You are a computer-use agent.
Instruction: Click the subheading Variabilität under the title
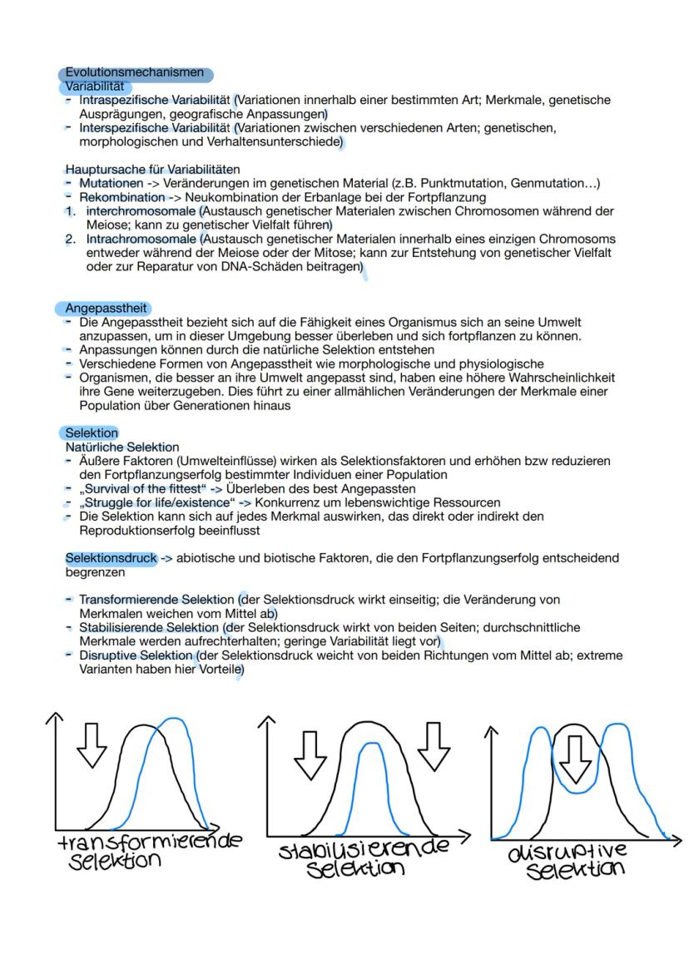pyautogui.click(x=94, y=86)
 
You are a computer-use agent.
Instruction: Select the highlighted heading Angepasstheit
pyautogui.click(x=106, y=309)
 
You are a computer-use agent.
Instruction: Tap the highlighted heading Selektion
pyautogui.click(x=92, y=433)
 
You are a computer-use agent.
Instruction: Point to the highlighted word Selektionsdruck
pyautogui.click(x=111, y=558)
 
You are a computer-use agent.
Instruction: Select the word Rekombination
pyautogui.click(x=121, y=198)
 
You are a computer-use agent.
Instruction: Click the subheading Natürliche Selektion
pyautogui.click(x=122, y=447)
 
